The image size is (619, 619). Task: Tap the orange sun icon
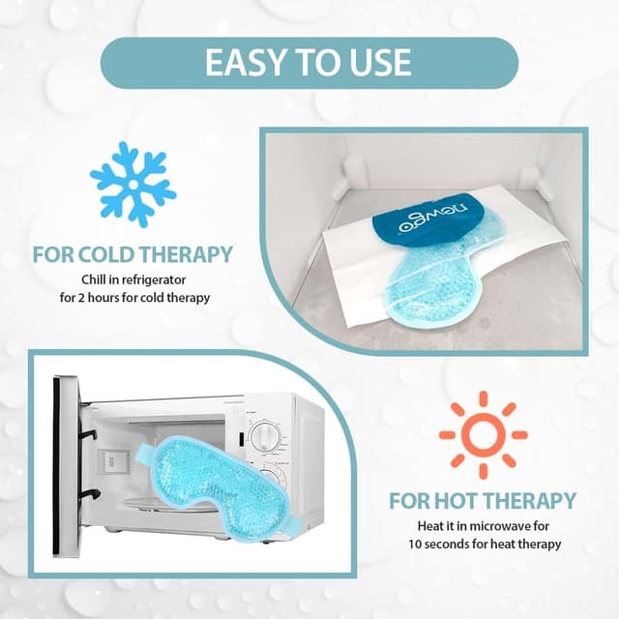(x=483, y=434)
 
